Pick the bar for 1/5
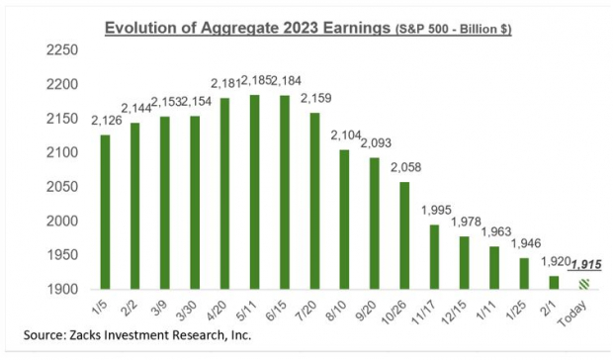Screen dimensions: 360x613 pyautogui.click(x=106, y=212)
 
